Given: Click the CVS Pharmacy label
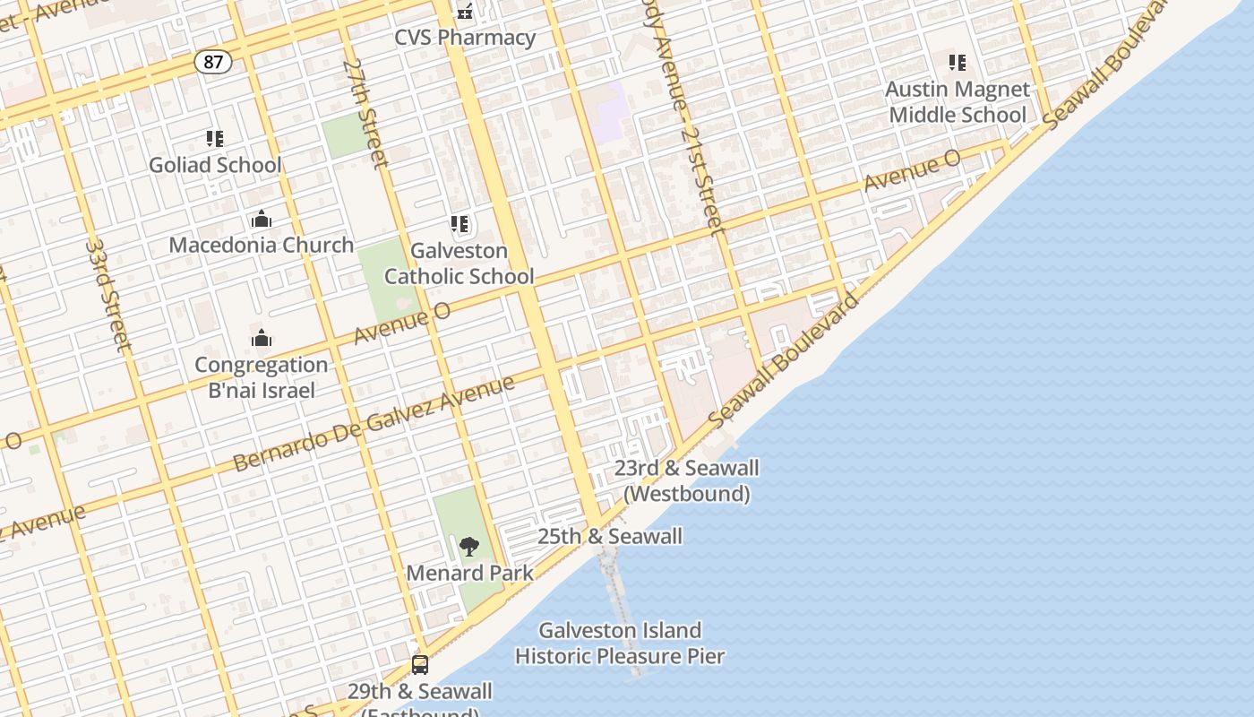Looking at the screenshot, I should click(465, 38).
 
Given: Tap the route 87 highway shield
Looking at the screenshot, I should click(213, 62).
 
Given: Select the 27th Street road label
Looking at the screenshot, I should click(365, 113).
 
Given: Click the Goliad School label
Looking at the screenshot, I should click(215, 165).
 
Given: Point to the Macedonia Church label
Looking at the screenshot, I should click(262, 245).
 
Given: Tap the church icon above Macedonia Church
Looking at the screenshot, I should click(262, 220).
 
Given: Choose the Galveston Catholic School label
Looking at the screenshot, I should click(460, 263).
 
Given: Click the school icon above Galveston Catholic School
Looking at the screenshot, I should click(460, 224).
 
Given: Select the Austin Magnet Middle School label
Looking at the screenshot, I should click(958, 102).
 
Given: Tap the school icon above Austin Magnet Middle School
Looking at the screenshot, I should click(958, 63).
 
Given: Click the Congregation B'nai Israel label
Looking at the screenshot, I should click(262, 377).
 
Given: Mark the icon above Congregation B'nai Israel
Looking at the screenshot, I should click(262, 338).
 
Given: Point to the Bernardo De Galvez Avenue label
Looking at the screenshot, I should click(374, 423).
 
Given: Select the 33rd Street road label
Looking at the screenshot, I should click(108, 295).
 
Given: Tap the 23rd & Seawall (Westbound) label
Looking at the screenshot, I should click(687, 480).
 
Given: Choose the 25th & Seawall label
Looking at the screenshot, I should click(610, 537).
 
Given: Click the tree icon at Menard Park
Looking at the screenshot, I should click(468, 546).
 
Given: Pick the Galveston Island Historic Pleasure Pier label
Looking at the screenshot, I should click(620, 644).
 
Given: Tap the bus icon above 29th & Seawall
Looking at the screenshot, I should click(420, 665).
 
